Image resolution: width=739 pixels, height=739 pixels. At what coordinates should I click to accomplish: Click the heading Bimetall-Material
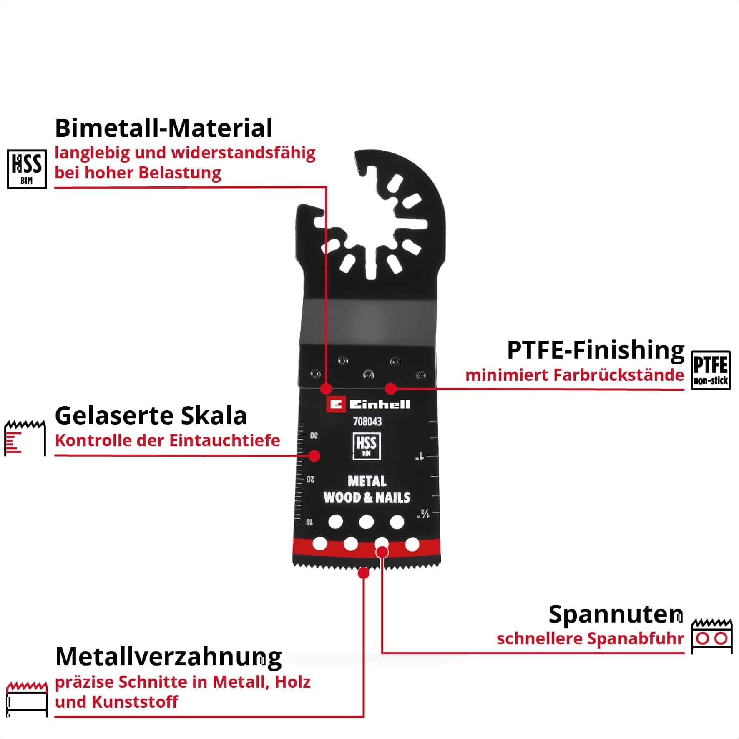[163, 128]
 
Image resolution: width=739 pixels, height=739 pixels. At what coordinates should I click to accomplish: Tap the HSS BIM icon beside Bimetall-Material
[27, 169]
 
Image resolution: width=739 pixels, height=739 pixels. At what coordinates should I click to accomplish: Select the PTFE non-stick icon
[711, 370]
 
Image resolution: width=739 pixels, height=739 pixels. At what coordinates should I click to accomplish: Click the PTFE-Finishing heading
[596, 350]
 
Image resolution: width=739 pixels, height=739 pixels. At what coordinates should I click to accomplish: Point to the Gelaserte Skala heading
[151, 416]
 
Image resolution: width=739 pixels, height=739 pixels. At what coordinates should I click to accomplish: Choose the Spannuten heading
[616, 614]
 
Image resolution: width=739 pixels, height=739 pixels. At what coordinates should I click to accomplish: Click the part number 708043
[367, 421]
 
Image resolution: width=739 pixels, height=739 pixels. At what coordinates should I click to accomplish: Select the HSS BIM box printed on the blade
[367, 447]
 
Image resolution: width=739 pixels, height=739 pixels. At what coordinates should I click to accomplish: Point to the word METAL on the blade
[367, 481]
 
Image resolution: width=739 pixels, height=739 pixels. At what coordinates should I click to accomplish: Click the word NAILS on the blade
[392, 498]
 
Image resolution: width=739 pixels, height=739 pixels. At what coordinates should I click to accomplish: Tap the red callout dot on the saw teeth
[364, 573]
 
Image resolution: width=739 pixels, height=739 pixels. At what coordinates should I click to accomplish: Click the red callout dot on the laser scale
[314, 455]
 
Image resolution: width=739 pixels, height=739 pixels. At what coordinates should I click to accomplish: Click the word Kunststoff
[134, 702]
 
